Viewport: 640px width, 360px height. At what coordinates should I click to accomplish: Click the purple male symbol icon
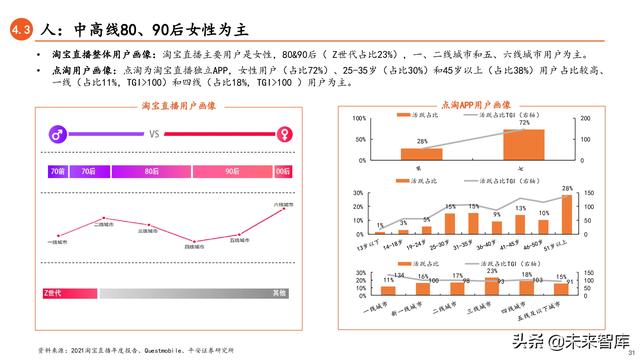pos(59,133)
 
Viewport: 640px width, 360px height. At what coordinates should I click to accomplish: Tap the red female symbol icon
pos(285,133)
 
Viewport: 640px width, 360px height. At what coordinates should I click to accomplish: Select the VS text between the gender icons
pos(155,133)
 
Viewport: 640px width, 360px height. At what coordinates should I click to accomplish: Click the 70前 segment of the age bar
pos(56,172)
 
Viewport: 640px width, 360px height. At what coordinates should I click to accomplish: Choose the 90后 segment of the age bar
pos(231,172)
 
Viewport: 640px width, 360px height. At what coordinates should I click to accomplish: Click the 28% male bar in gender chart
pos(421,154)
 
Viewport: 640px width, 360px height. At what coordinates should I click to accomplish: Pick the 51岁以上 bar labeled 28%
pos(567,212)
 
